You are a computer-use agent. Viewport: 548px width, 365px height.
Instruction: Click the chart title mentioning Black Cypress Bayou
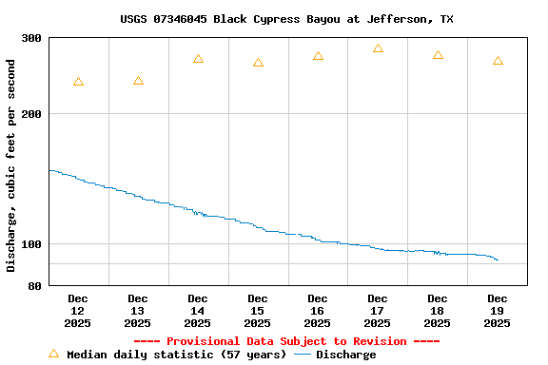click(x=286, y=19)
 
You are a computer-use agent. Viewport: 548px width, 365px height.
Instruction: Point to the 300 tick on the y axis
click(x=31, y=38)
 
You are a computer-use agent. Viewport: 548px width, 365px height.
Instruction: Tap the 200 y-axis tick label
click(x=31, y=114)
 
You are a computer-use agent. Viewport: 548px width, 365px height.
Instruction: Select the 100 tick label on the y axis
click(x=31, y=244)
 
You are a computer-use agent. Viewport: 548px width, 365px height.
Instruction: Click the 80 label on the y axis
click(x=35, y=285)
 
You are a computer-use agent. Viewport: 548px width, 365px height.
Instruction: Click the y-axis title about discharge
click(x=11, y=165)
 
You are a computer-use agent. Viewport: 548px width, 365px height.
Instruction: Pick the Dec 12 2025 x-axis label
click(x=78, y=311)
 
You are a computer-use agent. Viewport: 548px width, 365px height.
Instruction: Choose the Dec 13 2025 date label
click(x=138, y=311)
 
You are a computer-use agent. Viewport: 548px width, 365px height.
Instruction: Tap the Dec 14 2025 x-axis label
click(x=198, y=311)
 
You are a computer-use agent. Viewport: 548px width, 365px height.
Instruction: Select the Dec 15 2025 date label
click(x=258, y=311)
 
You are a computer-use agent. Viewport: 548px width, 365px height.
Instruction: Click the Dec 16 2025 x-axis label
click(x=318, y=311)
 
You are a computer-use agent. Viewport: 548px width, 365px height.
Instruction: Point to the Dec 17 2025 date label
click(x=378, y=311)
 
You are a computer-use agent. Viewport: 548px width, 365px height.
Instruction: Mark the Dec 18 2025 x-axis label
click(x=438, y=311)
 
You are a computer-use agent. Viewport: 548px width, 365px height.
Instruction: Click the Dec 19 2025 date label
click(x=498, y=311)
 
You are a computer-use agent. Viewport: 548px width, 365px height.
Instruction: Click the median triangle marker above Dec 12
click(x=78, y=83)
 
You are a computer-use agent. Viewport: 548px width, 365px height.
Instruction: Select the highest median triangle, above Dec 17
click(x=378, y=48)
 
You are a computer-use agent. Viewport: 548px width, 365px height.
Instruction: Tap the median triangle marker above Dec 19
click(x=498, y=61)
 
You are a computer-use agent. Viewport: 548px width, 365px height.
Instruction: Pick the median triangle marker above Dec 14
click(x=198, y=59)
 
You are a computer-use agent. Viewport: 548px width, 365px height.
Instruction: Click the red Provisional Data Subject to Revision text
click(x=286, y=341)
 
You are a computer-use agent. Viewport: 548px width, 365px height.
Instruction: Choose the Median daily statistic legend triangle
click(x=53, y=354)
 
